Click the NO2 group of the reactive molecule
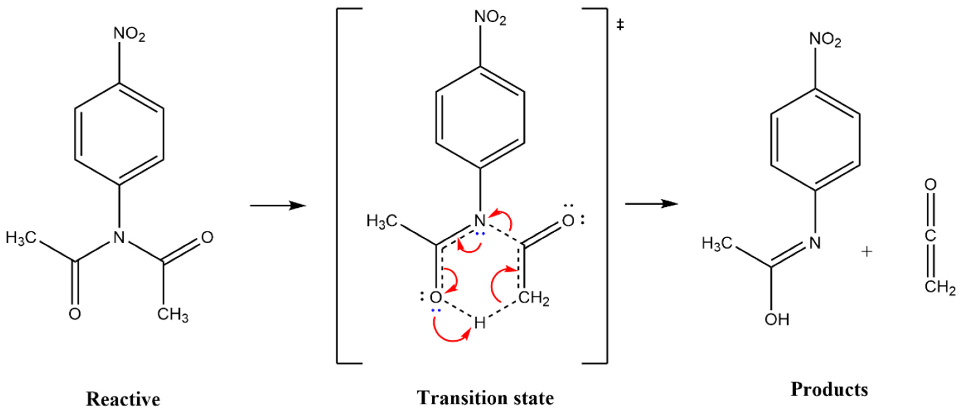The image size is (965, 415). tap(129, 34)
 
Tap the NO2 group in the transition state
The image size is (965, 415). tap(490, 18)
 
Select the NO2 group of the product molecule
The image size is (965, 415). tap(825, 39)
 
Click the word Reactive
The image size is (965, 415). tap(123, 399)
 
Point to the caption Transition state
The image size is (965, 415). tap(485, 398)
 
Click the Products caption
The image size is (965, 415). tap(829, 389)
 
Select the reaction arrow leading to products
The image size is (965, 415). tap(651, 204)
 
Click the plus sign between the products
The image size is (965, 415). tap(866, 252)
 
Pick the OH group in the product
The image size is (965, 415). tap(777, 319)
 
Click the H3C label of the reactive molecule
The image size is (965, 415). tap(21, 238)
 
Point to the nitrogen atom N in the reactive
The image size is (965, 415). tap(119, 237)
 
